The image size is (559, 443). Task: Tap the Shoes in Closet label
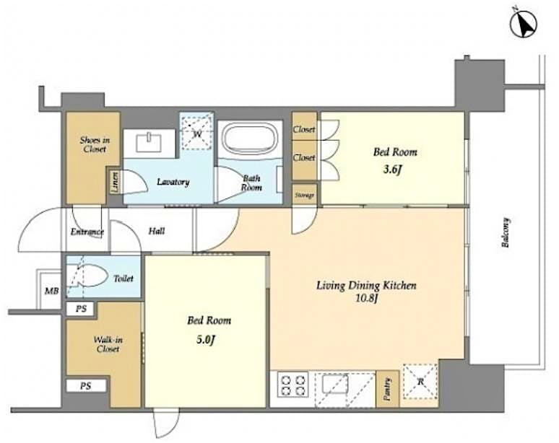94,144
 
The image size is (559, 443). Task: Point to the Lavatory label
173,182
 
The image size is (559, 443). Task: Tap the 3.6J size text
394,170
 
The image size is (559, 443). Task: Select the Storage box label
304,195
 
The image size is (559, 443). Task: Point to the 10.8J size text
366,297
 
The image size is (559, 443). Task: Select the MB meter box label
51,291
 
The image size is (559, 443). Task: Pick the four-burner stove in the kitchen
293,384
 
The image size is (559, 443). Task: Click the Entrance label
87,232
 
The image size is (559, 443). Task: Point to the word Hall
157,231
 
